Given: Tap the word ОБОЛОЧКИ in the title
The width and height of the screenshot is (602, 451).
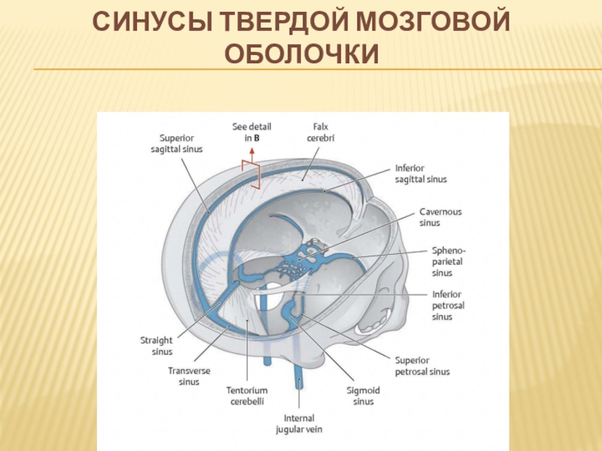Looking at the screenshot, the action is click(x=301, y=54).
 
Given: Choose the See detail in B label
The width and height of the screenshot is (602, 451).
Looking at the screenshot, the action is click(x=252, y=132).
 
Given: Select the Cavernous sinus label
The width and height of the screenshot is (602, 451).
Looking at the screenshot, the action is click(x=440, y=217).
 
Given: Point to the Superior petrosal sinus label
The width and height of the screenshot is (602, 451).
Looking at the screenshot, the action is click(x=422, y=365).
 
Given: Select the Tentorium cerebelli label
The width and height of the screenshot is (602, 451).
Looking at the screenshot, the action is click(x=247, y=395).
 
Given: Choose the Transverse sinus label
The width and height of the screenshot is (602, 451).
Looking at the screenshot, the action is click(x=189, y=376).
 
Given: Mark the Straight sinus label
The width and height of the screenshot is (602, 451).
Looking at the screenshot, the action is click(x=157, y=346).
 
